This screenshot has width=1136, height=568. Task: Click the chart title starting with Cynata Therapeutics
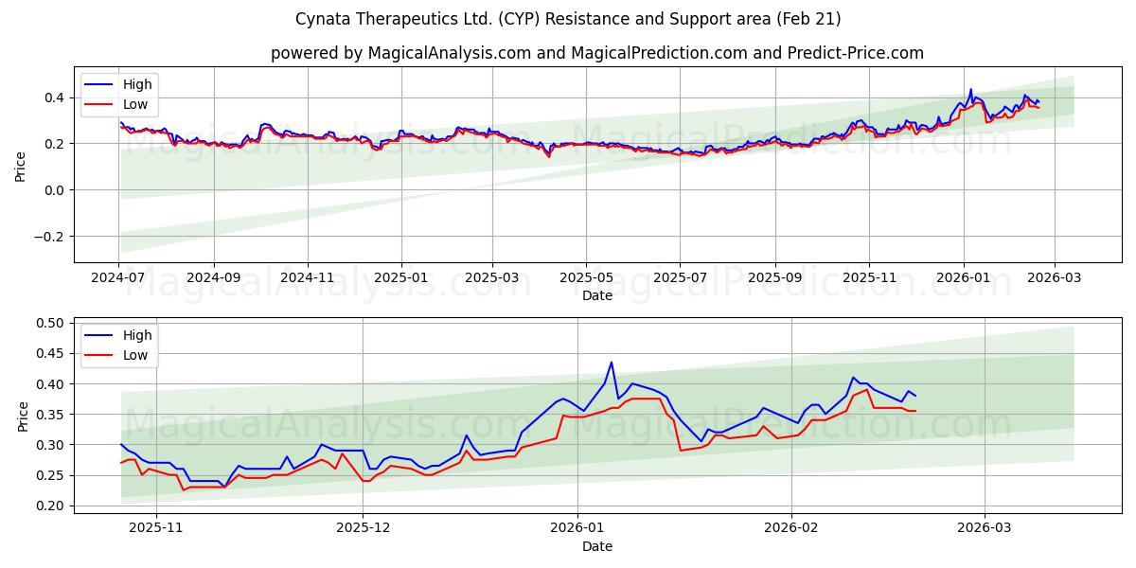tap(568, 19)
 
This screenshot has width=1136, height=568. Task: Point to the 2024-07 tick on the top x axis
tap(119, 278)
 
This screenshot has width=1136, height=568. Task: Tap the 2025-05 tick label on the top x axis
tap(585, 278)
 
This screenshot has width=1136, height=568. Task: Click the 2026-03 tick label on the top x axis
tap(1053, 278)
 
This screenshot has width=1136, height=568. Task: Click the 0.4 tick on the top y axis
tap(52, 98)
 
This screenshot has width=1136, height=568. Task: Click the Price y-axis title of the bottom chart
tap(21, 415)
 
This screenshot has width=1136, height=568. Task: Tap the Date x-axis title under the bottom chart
tap(596, 546)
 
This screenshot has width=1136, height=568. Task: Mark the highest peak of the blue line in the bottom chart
tap(612, 362)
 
